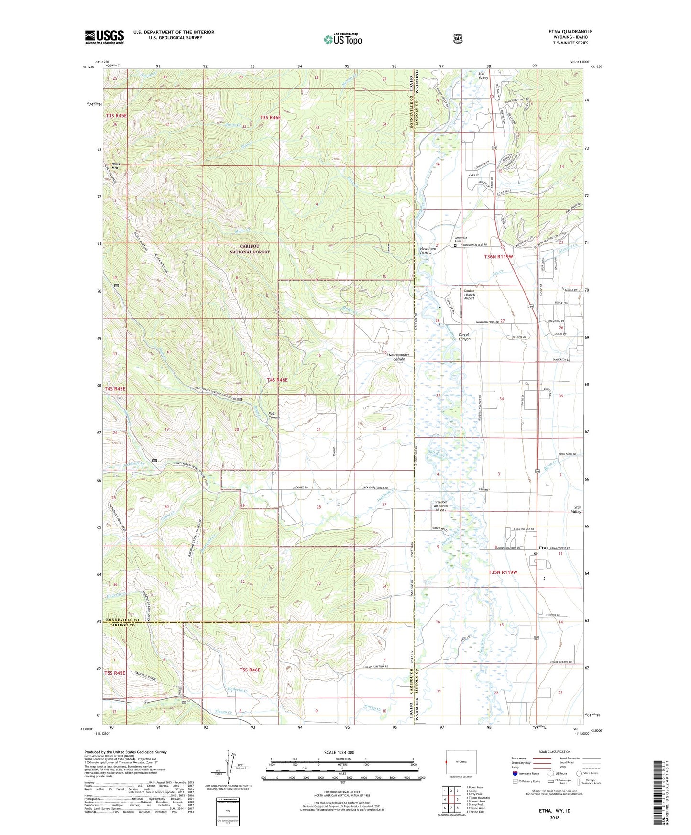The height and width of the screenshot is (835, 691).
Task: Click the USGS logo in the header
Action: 104,37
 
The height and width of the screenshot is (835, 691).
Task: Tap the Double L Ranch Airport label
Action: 469,294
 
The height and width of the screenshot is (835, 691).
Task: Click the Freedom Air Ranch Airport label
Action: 440,505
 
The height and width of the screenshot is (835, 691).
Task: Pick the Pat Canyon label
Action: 274,415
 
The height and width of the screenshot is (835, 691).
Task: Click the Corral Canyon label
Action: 464,337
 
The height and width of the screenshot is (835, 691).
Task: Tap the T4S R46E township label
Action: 277,380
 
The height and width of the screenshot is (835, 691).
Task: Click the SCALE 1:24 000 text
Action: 339,752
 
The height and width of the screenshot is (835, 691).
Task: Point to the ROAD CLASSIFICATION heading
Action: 554,752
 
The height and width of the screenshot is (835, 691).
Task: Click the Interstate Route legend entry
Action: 525,773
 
